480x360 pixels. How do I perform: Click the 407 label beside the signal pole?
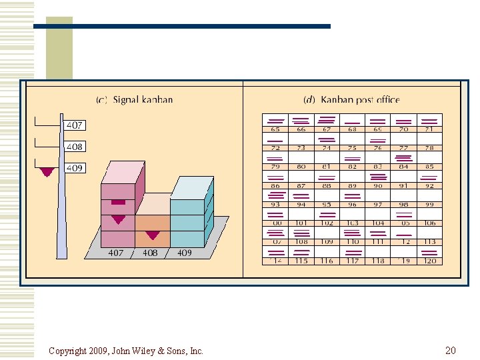tap(74, 125)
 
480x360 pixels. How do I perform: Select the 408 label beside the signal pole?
tap(74, 147)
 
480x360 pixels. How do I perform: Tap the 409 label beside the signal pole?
tap(74, 168)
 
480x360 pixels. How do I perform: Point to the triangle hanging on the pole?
tap(47, 172)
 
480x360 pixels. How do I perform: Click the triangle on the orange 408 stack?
tap(153, 235)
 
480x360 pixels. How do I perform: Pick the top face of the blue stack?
tap(192, 187)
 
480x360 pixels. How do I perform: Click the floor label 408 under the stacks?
tap(150, 253)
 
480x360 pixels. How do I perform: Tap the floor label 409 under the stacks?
tap(184, 253)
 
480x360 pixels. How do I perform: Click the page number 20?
tap(450, 350)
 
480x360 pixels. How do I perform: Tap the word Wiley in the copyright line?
tap(133, 351)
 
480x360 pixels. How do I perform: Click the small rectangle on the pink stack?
tap(118, 201)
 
